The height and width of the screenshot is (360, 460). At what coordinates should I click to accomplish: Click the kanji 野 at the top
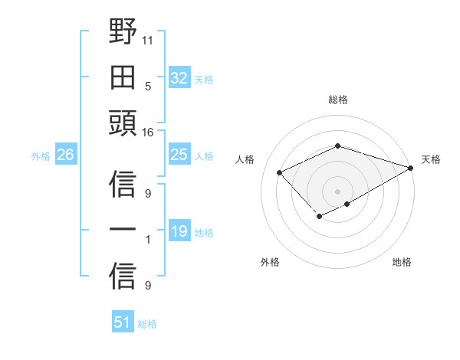pyautogui.click(x=123, y=33)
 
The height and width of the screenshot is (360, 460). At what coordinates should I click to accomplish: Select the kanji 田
pyautogui.click(x=123, y=77)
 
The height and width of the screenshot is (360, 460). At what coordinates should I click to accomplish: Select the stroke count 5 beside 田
pyautogui.click(x=147, y=86)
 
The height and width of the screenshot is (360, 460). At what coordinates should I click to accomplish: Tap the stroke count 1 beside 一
pyautogui.click(x=147, y=241)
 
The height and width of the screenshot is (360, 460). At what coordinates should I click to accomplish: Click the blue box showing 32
pyautogui.click(x=179, y=78)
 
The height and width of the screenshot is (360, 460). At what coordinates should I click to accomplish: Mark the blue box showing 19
pyautogui.click(x=179, y=231)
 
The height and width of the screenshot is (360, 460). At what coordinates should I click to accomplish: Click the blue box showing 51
pyautogui.click(x=122, y=322)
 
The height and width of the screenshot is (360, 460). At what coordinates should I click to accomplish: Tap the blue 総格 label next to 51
pyautogui.click(x=147, y=324)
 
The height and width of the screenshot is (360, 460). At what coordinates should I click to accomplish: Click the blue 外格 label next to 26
pyautogui.click(x=41, y=156)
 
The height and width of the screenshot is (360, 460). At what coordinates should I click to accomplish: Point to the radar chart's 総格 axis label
pyautogui.click(x=337, y=100)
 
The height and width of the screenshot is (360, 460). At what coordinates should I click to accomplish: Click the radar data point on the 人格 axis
pyautogui.click(x=280, y=173)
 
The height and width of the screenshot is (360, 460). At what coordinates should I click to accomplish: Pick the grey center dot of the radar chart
pyautogui.click(x=337, y=191)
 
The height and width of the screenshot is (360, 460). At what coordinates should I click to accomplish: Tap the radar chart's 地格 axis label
pyautogui.click(x=402, y=262)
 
